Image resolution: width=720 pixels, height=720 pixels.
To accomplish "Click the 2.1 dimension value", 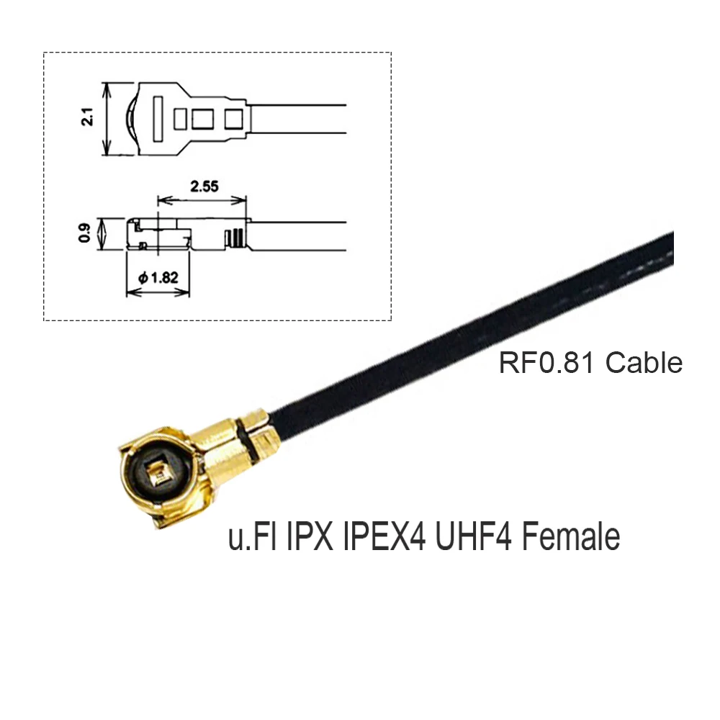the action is tap(88, 117).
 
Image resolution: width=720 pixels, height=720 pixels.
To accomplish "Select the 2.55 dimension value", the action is tap(204, 186).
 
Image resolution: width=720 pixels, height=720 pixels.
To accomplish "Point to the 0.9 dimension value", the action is tap(86, 234).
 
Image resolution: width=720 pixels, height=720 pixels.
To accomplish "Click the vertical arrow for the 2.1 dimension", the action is tap(107, 119).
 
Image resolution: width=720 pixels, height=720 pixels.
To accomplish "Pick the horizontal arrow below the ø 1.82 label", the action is tap(158, 292).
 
